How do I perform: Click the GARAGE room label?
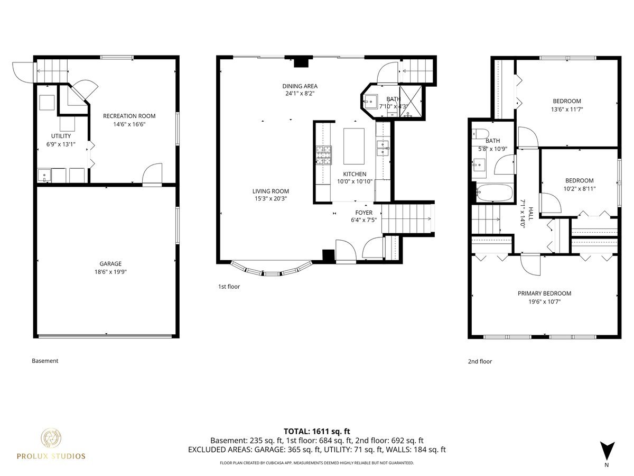click(110, 263)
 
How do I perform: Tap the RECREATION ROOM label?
click(129, 116)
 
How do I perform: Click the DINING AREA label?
click(300, 86)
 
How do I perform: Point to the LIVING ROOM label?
click(271, 191)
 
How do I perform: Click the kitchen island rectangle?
click(354, 147)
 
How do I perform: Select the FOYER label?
click(363, 213)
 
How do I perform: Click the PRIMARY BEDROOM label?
click(544, 294)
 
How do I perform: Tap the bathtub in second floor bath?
click(495, 193)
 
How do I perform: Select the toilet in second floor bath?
click(481, 133)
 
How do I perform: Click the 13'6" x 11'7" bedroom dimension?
click(567, 109)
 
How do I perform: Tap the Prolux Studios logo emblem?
click(51, 439)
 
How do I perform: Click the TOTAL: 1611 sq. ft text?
click(316, 431)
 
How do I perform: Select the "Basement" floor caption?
click(45, 361)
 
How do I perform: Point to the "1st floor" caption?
click(229, 287)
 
